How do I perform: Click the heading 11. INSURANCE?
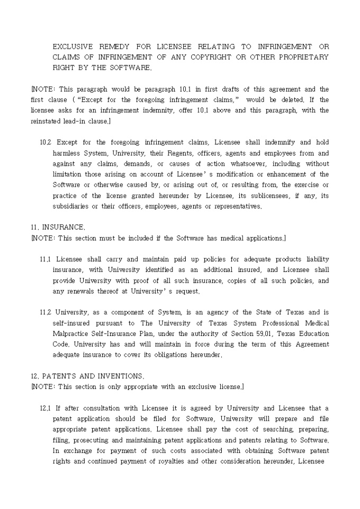tap(58, 227)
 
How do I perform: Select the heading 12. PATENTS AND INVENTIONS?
tap(87, 376)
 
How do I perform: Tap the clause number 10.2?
tap(46, 142)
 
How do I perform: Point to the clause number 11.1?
tap(46, 259)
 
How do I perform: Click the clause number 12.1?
tap(46, 408)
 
